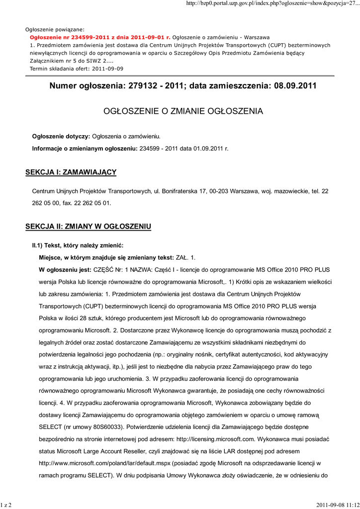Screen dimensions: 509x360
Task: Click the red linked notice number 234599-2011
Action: (x=100, y=37)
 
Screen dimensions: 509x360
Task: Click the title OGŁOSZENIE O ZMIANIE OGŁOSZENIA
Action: (x=182, y=111)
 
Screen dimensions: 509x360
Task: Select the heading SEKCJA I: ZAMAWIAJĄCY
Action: (x=71, y=172)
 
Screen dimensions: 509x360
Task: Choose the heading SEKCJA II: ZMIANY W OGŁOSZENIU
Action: (x=88, y=227)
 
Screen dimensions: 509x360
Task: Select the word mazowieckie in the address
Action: (x=280, y=191)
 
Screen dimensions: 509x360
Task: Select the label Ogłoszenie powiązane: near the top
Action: (x=55, y=29)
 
